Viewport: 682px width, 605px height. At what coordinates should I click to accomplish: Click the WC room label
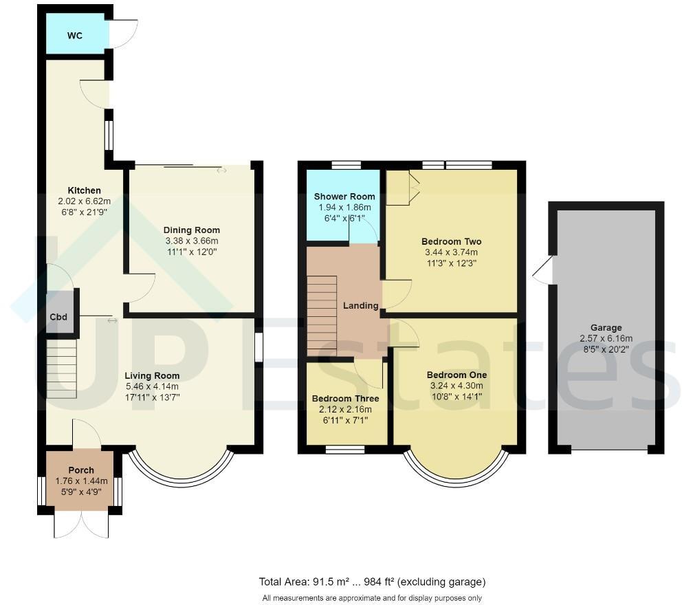(x=75, y=36)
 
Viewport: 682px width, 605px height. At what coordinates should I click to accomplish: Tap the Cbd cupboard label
(x=58, y=318)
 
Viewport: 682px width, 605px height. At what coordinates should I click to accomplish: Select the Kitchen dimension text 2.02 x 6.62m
(x=85, y=201)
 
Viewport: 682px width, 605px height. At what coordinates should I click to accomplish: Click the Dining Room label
(x=192, y=230)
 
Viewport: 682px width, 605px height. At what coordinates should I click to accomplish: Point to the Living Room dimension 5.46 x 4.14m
(x=152, y=386)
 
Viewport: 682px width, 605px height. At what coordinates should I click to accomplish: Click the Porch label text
(x=80, y=470)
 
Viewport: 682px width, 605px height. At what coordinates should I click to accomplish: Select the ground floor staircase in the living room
(x=62, y=368)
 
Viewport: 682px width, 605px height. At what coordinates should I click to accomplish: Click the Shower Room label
(x=344, y=197)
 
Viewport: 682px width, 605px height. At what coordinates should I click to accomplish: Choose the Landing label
(x=361, y=306)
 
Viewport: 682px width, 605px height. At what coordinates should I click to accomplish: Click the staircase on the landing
(x=322, y=313)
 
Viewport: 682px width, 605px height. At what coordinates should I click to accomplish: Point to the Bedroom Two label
(x=451, y=242)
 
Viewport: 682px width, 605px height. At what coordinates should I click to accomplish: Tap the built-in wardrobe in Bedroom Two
(x=401, y=186)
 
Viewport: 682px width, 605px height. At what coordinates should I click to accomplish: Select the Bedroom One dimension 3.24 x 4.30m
(x=456, y=386)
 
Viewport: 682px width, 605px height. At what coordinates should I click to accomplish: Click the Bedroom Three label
(x=345, y=399)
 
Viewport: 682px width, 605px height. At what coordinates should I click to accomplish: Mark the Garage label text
(x=606, y=328)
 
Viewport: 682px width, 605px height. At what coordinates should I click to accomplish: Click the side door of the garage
(x=543, y=270)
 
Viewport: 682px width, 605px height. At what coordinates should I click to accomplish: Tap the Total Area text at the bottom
(x=372, y=582)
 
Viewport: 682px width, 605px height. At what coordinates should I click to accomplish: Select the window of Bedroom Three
(x=344, y=450)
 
